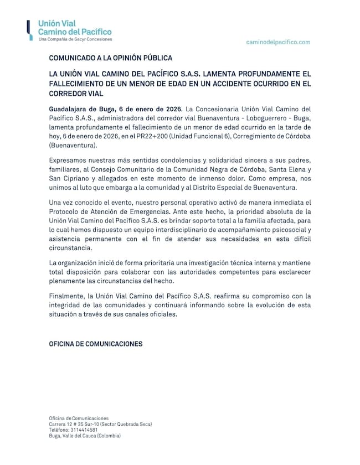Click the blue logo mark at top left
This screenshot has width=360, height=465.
pos(29,30)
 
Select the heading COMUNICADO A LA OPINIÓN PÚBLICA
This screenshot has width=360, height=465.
pos(111,58)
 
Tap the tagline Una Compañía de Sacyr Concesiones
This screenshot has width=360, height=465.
pos(75,39)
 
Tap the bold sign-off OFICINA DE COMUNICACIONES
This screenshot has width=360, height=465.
pos(96,344)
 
